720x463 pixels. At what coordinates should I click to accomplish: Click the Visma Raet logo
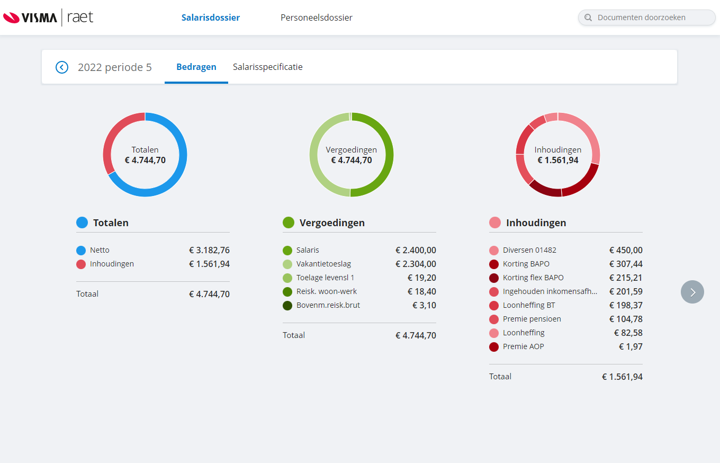click(48, 17)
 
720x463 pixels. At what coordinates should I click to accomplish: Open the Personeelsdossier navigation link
click(316, 17)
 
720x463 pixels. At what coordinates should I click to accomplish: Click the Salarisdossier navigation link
click(210, 17)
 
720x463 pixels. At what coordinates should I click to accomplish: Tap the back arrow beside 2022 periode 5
click(62, 67)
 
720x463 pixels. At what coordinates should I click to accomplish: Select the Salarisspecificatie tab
click(267, 67)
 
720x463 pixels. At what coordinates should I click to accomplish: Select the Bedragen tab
click(196, 67)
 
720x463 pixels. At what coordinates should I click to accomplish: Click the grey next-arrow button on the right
click(692, 292)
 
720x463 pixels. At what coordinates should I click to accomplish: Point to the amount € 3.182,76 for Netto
click(209, 250)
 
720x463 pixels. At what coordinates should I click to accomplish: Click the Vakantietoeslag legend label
click(323, 264)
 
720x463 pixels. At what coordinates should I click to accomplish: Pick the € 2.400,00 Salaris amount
click(416, 250)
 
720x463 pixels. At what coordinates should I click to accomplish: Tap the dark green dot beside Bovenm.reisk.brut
click(287, 305)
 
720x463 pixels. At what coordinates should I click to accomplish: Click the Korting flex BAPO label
click(533, 278)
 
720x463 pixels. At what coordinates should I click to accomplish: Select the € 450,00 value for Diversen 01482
click(626, 250)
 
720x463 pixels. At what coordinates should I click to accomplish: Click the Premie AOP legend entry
click(523, 346)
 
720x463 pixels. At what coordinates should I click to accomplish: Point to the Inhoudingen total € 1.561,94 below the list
click(622, 377)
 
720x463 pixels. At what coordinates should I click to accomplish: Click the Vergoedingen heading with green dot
click(331, 222)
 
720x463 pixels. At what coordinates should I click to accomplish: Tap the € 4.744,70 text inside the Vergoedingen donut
click(352, 160)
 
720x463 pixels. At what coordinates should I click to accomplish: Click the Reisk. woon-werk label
click(326, 291)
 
